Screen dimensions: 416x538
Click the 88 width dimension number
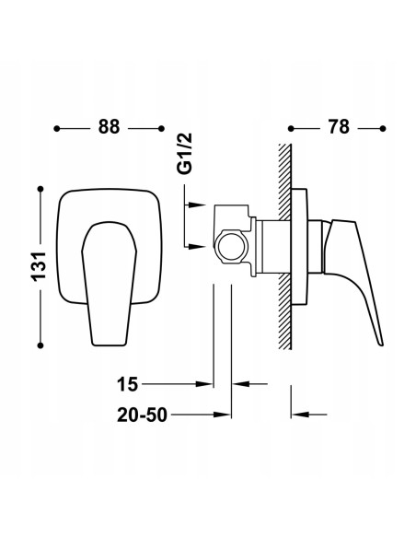pos(109,127)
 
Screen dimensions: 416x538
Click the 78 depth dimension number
pos(339,127)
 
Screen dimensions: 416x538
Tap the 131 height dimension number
pos(39,266)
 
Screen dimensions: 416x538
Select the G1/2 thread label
pos(185,154)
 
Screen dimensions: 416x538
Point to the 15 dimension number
pos(128,384)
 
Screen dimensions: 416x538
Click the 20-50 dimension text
pos(143,415)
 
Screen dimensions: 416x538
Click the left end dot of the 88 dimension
pos(57,129)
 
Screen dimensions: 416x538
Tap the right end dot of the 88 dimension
pos(161,129)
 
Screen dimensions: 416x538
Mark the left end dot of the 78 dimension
pos(291,129)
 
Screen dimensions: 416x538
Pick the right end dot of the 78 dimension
pos(383,129)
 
